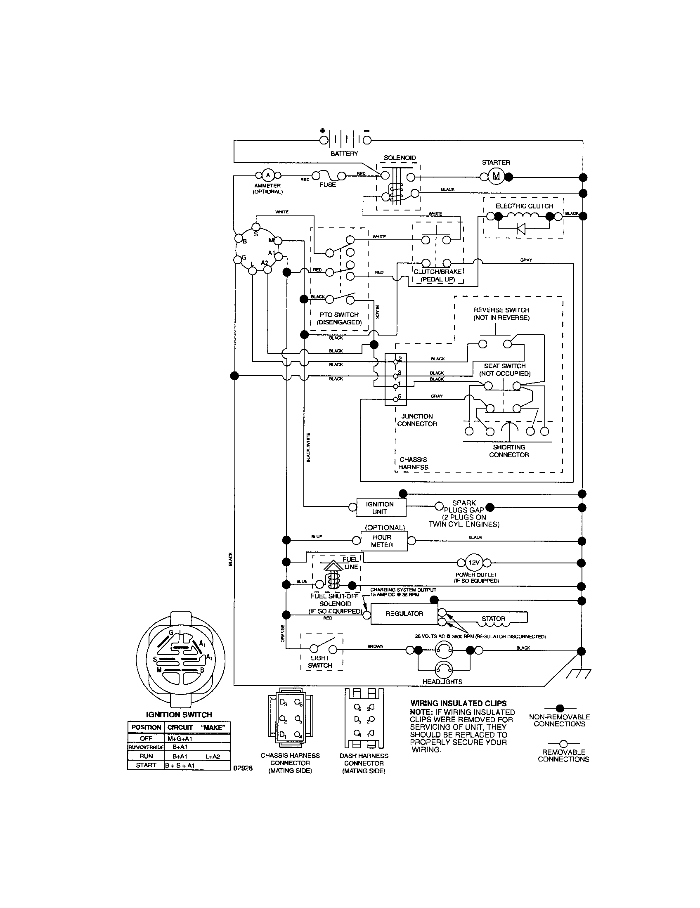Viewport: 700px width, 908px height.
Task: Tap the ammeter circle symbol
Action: (x=268, y=175)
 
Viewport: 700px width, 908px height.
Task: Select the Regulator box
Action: (x=404, y=613)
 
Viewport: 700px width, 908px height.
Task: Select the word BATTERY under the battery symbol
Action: (x=344, y=154)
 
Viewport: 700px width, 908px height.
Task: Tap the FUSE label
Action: (x=328, y=184)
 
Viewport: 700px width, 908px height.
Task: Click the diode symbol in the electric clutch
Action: (x=520, y=228)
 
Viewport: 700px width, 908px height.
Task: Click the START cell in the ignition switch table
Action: (x=146, y=765)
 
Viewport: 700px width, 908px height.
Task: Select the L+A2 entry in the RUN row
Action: (x=213, y=756)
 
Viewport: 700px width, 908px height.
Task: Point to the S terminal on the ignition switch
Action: (x=256, y=227)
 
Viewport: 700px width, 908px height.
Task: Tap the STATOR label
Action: (x=493, y=619)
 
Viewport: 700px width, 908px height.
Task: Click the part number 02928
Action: (x=243, y=768)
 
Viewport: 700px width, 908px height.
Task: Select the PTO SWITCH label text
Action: (x=339, y=315)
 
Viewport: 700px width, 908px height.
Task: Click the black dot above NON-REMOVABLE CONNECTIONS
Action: (x=560, y=707)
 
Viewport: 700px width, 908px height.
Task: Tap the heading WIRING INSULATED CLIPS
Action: (x=459, y=703)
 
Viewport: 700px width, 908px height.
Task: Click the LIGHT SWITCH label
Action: (x=320, y=662)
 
